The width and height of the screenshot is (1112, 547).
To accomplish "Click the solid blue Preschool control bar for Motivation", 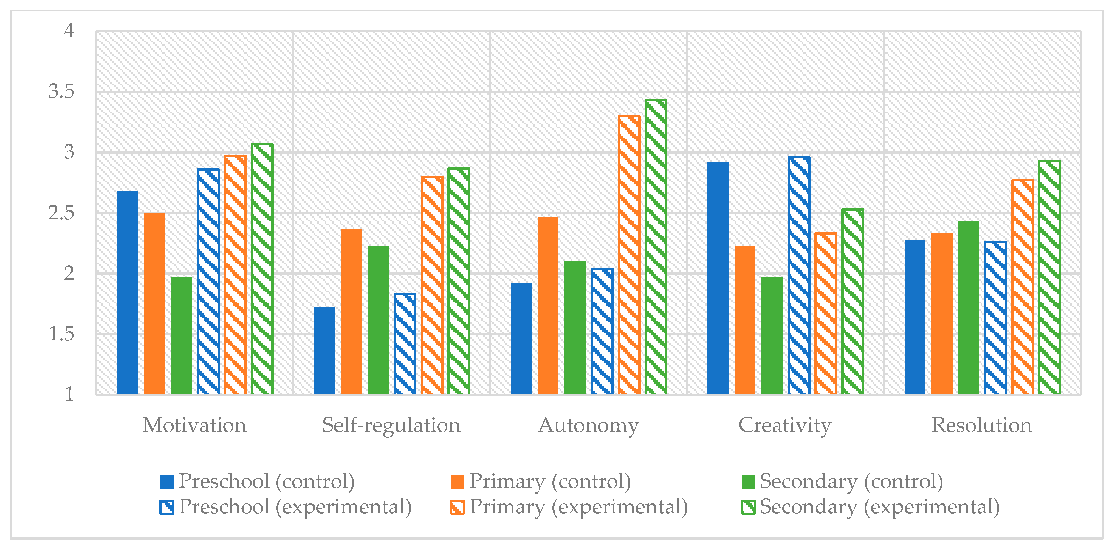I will click(127, 292).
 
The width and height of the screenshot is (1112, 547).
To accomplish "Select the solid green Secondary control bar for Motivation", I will click(181, 336).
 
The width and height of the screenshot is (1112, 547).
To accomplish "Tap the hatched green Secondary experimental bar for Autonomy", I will click(656, 247).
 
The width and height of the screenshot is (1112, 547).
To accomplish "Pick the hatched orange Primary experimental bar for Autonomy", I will click(629, 255).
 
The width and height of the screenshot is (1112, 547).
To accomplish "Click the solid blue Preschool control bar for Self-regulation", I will click(324, 351).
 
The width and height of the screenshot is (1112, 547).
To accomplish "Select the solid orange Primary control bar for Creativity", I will click(745, 320).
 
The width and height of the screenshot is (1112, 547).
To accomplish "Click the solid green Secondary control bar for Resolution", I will click(969, 308).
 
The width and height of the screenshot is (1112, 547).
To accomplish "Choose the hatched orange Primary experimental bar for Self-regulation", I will click(432, 285).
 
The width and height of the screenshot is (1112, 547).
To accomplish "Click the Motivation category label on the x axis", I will click(195, 425).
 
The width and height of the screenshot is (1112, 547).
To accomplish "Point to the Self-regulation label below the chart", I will click(391, 425).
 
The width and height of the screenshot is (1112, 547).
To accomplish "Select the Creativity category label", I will click(785, 425).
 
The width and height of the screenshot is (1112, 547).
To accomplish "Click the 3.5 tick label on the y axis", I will click(61, 92).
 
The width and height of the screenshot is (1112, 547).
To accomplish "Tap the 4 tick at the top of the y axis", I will click(69, 31).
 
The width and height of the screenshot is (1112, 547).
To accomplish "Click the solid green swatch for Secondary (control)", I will click(748, 482).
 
